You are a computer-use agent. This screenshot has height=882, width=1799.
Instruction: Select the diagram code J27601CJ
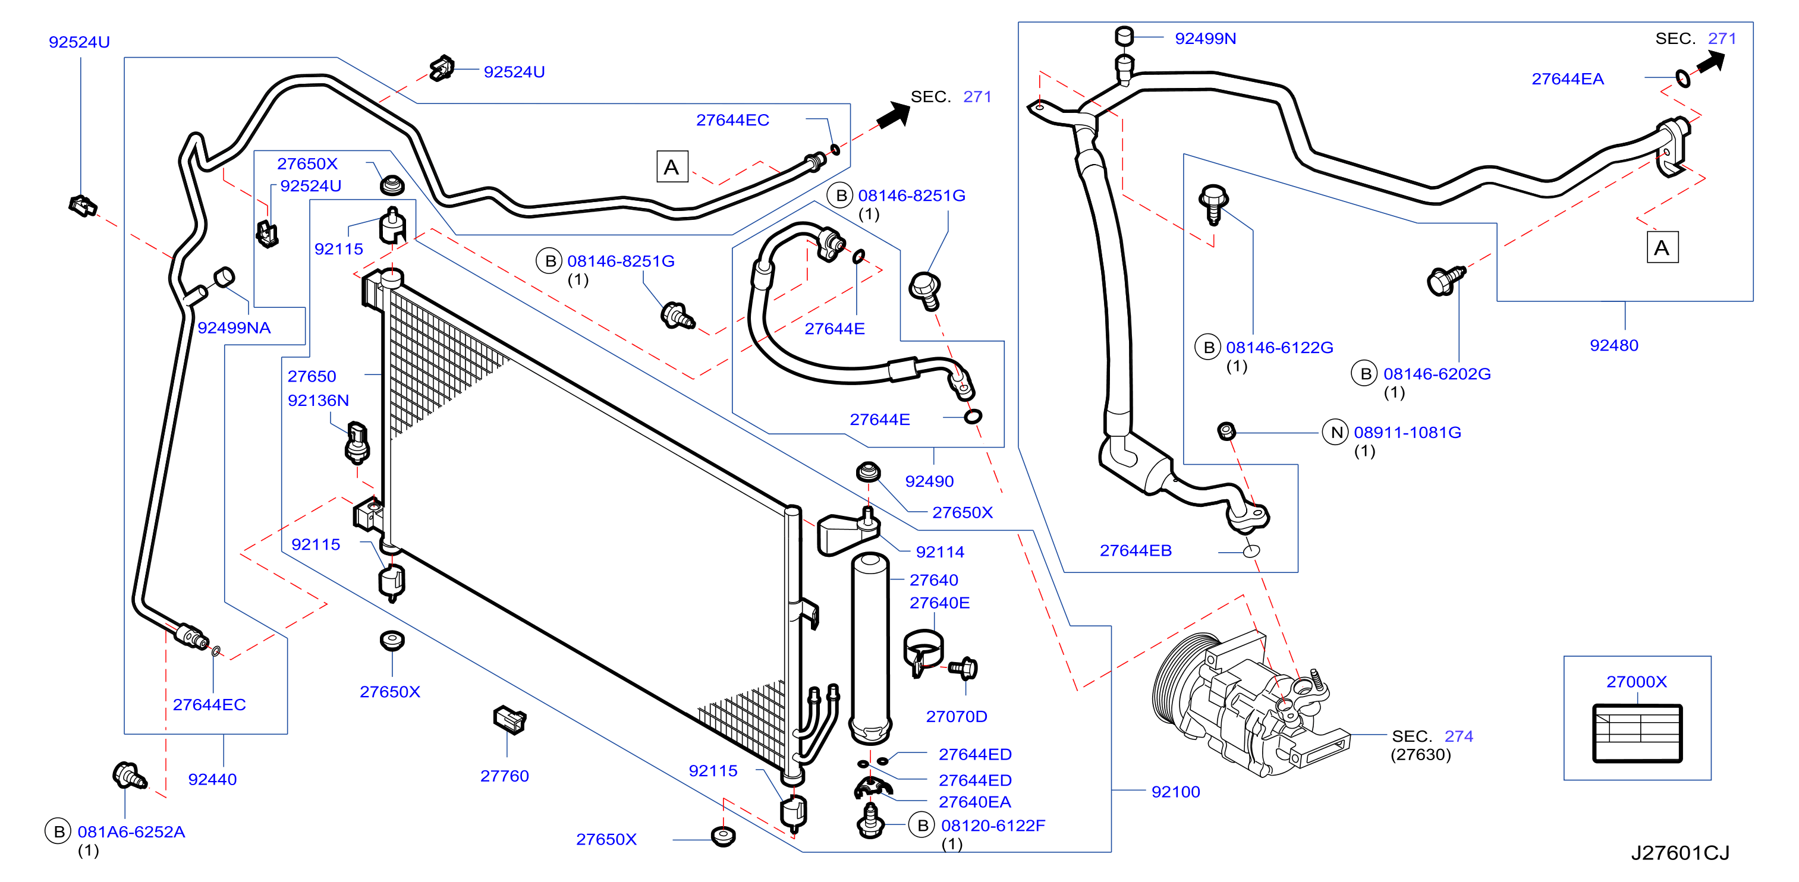pyautogui.click(x=1680, y=853)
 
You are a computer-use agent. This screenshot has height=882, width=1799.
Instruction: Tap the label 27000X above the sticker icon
pyautogui.click(x=1636, y=682)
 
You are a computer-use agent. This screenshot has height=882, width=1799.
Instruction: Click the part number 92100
pyautogui.click(x=1175, y=792)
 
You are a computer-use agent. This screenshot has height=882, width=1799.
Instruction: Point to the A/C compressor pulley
pyautogui.click(x=1180, y=678)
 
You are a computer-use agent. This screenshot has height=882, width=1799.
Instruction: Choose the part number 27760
pyautogui.click(x=504, y=776)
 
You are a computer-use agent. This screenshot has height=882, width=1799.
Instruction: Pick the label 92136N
pyautogui.click(x=319, y=400)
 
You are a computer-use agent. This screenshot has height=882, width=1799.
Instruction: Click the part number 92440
pyautogui.click(x=212, y=779)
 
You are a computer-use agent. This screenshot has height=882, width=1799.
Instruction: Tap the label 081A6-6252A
pyautogui.click(x=131, y=831)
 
